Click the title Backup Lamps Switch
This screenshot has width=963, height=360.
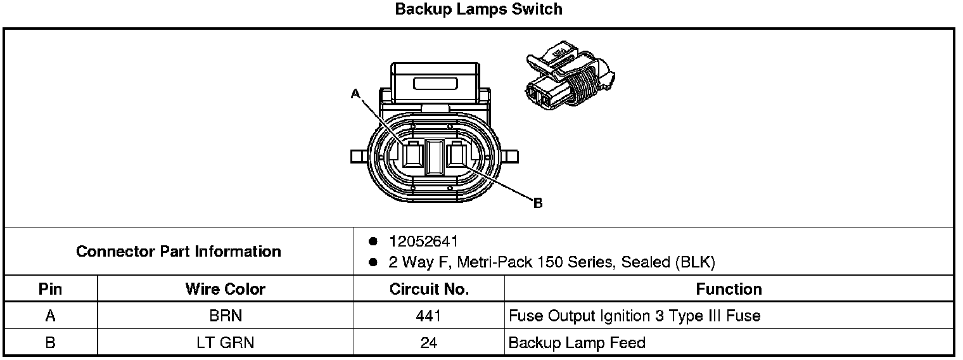478,10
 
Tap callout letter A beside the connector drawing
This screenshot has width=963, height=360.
355,94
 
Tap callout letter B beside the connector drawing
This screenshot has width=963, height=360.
538,203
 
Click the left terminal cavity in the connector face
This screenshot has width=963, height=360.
412,155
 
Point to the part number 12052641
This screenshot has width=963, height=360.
424,241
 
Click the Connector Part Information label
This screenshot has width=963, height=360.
179,252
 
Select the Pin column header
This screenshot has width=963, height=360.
50,290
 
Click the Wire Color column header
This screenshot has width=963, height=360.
225,290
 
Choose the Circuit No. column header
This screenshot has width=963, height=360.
429,290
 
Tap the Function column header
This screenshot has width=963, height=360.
729,290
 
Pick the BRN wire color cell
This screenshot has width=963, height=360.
225,316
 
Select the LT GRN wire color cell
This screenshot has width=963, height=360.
225,343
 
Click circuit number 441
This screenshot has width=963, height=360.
429,316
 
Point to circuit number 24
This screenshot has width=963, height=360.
429,343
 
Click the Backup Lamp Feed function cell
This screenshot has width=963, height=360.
577,343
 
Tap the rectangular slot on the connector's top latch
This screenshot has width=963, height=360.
435,83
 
